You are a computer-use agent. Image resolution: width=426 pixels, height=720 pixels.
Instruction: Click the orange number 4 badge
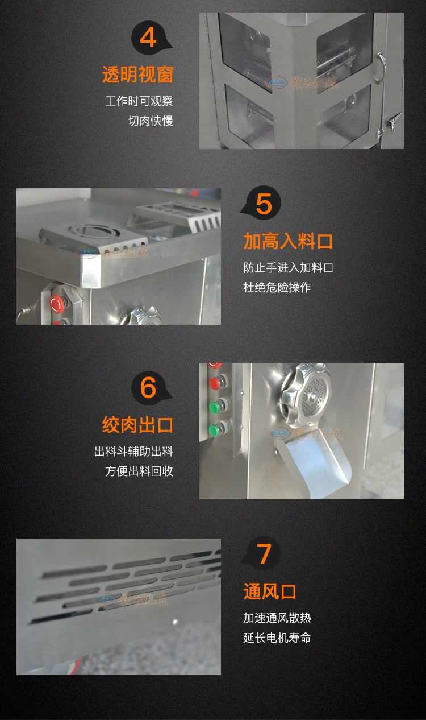click(148, 38)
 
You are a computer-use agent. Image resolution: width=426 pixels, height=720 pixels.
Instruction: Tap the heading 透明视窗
click(137, 75)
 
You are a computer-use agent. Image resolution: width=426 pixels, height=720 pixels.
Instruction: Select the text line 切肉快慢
click(150, 121)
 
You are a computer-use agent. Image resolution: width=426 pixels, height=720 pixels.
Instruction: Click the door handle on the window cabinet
click(379, 60)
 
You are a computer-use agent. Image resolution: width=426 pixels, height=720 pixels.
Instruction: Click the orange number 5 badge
click(264, 204)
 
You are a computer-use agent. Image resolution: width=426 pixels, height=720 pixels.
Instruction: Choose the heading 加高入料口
click(288, 241)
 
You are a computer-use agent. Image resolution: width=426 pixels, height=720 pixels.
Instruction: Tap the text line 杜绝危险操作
click(277, 287)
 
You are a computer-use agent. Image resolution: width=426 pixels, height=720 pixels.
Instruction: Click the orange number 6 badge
click(148, 388)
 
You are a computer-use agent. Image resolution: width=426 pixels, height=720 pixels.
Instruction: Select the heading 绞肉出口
click(137, 425)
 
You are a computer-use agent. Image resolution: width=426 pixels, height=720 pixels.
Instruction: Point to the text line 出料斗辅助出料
click(133, 452)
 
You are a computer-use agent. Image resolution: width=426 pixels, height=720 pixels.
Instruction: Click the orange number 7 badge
click(264, 554)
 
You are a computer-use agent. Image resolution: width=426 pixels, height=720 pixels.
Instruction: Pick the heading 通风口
click(270, 591)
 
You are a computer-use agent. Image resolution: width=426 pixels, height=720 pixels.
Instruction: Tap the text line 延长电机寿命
click(277, 638)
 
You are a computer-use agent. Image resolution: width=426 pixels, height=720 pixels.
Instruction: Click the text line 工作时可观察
click(139, 101)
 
